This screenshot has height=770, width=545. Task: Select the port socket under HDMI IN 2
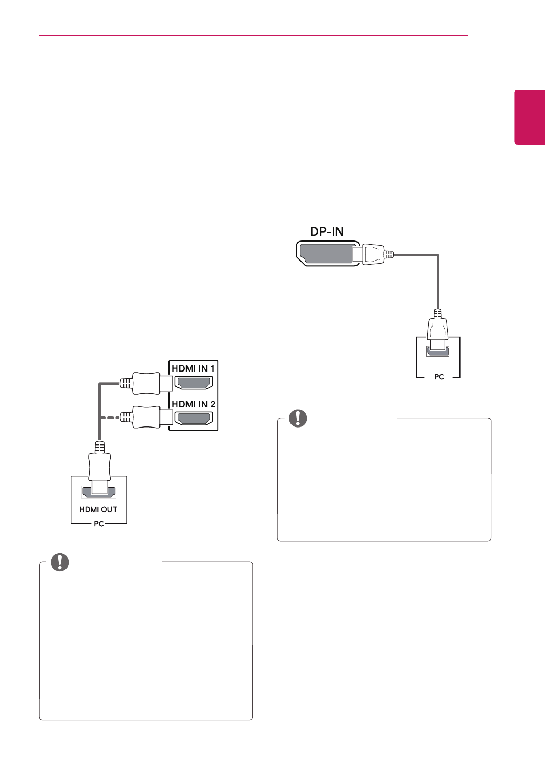coord(194,419)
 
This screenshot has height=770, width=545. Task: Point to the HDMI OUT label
coord(98,509)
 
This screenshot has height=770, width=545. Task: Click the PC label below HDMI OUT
coord(99,523)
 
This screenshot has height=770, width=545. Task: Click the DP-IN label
coord(326,231)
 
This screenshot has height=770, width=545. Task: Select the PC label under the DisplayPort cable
coord(439,377)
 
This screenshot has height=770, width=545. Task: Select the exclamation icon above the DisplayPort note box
coord(298,418)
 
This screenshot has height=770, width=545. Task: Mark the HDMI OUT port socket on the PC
coord(99,492)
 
